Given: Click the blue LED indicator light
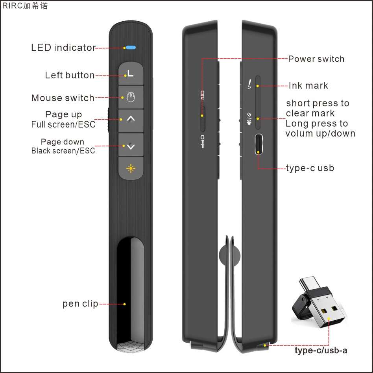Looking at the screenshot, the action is point(131,48).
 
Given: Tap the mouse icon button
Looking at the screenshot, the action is point(131,97).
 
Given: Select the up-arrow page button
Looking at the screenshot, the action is point(131,121).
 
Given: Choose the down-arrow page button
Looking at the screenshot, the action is point(131,144).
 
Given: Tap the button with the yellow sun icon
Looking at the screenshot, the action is point(131,168).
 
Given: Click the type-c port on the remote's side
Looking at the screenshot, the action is point(259,144).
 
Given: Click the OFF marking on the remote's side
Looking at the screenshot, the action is point(203,142).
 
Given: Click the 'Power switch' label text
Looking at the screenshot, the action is point(316,59).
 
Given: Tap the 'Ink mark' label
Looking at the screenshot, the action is point(308,85).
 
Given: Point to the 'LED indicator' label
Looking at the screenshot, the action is point(63,48).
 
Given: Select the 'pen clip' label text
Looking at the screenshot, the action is point(80,304).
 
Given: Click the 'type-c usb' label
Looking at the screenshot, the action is point(310,168).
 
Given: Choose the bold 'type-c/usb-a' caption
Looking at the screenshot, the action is point(321,351).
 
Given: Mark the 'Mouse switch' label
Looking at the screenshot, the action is point(63,98).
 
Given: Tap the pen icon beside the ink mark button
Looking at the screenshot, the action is point(249,84).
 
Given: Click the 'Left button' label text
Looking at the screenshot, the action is point(70,75).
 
